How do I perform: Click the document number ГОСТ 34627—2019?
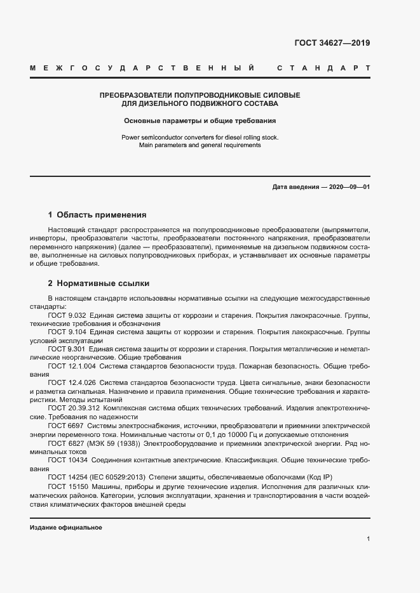tap(332, 44)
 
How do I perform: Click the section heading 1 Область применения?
tap(97, 215)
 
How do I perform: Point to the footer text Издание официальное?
tap(65, 528)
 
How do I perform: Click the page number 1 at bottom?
tap(368, 539)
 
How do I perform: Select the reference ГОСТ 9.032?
tap(67, 315)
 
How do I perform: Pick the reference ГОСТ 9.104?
tap(67, 332)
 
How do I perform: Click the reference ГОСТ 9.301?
tap(67, 349)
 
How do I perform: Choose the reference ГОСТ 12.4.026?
tap(71, 383)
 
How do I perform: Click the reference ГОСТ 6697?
tap(64, 426)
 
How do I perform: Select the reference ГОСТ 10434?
tap(66, 460)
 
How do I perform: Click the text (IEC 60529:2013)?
tap(119, 477)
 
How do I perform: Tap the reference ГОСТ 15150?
tap(66, 486)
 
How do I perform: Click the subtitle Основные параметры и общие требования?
tap(200, 120)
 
